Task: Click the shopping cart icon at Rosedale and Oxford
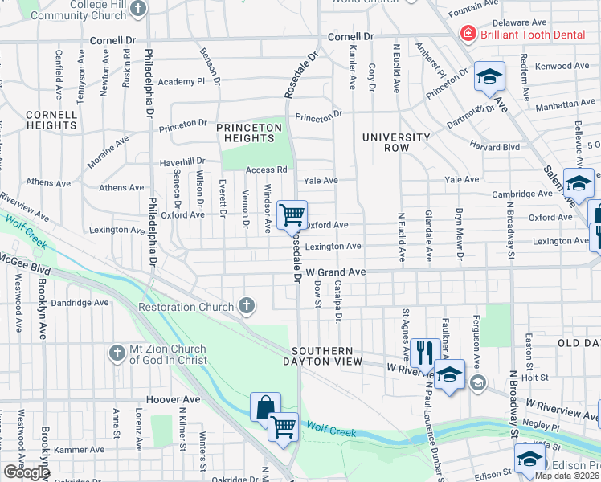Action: pos(292,214)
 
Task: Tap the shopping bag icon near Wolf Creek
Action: pos(264,407)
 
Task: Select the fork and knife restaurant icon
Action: pos(425,352)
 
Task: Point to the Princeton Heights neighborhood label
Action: pos(250,133)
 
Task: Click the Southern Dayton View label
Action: pos(322,357)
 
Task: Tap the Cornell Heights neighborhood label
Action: pos(51,120)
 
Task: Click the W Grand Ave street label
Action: pos(336,273)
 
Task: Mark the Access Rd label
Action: pos(267,170)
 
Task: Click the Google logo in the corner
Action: pos(27,472)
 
